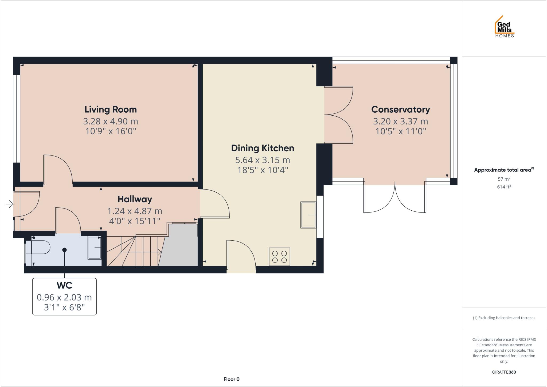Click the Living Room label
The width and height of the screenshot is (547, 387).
[111, 109]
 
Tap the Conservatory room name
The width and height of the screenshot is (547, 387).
[400, 109]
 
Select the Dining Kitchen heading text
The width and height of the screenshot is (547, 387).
[262, 148]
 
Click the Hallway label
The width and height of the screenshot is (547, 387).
[135, 199]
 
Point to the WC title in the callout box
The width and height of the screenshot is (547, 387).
[64, 285]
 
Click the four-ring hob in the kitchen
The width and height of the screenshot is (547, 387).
[279, 257]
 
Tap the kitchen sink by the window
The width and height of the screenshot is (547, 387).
[308, 215]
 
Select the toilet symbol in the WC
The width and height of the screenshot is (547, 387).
[39, 247]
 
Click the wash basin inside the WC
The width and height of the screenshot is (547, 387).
[95, 248]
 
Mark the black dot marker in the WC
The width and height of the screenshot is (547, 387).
[64, 250]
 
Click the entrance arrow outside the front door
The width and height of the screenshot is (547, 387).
[10, 204]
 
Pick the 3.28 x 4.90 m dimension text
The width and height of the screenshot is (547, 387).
[111, 121]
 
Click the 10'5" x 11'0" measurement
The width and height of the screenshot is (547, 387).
[400, 131]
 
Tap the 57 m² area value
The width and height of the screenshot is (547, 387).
[504, 179]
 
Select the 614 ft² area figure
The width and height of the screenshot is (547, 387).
[504, 187]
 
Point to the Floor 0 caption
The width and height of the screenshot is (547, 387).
[231, 379]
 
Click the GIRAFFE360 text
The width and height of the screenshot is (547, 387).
[504, 372]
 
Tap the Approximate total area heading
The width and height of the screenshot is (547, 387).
[502, 170]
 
